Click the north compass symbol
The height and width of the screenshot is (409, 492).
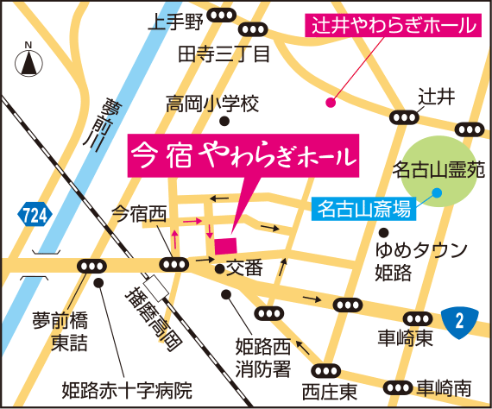[28, 60]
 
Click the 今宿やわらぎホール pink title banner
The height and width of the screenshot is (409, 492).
[243, 156]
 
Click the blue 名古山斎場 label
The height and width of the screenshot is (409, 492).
[364, 207]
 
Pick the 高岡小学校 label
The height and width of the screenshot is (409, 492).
[211, 105]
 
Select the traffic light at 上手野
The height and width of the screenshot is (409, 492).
[226, 16]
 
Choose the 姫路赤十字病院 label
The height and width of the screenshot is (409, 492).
[125, 390]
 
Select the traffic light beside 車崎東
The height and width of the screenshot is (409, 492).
[348, 305]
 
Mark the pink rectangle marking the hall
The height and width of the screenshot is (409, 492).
[225, 245]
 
